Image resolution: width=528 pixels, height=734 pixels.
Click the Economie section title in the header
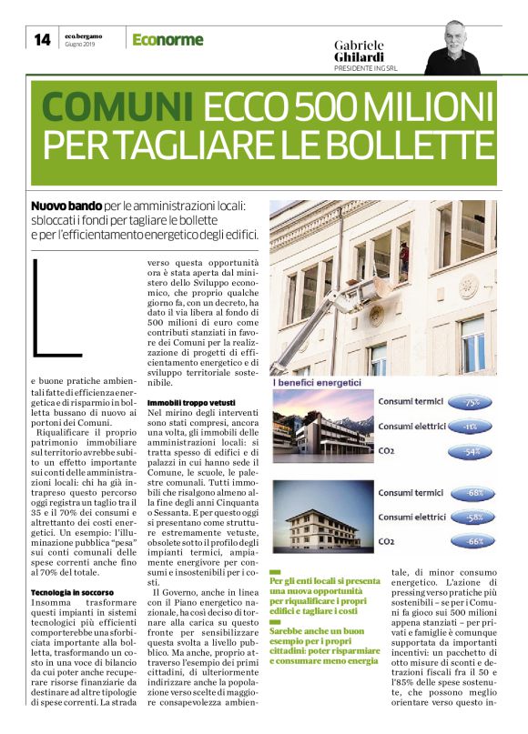click(167, 39)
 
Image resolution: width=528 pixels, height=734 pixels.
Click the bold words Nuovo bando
click(64, 207)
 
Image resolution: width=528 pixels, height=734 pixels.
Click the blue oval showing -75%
click(472, 402)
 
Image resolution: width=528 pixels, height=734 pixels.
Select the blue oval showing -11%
click(472, 426)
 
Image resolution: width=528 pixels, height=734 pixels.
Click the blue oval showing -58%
click(472, 518)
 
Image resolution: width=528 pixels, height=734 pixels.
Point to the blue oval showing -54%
click(472, 450)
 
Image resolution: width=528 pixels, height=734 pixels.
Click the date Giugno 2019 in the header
click(80, 45)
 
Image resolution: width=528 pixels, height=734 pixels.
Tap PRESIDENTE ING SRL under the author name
click(366, 68)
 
